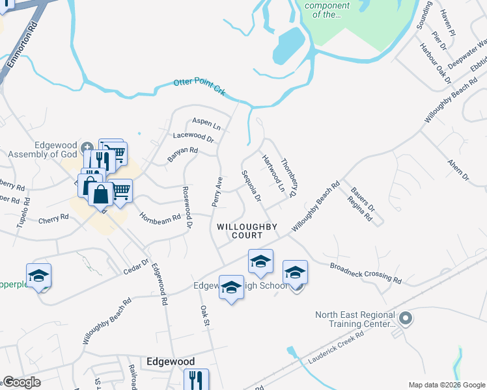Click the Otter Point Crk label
pyautogui.click(x=199, y=87)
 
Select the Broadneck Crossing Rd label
pyautogui.click(x=365, y=273)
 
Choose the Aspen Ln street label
pyautogui.click(x=205, y=123)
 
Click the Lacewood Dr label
pyautogui.click(x=193, y=137)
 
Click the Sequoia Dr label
pyautogui.click(x=251, y=186)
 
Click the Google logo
pyautogui.click(x=21, y=382)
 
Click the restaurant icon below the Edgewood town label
pyautogui.click(x=196, y=378)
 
